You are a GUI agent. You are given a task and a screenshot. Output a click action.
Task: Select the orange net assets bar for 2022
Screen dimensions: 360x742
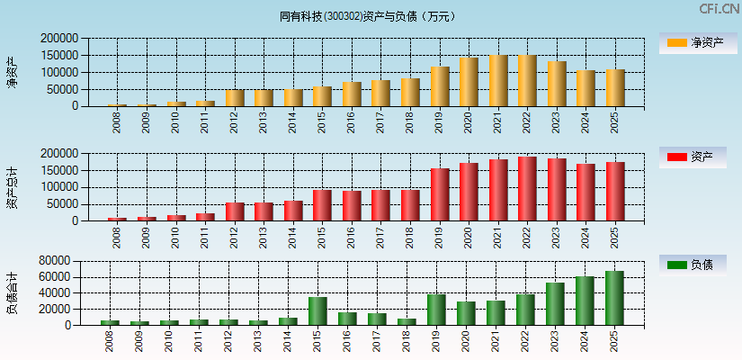click(x=527, y=81)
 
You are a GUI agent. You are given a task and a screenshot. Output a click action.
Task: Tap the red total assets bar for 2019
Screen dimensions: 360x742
click(x=440, y=194)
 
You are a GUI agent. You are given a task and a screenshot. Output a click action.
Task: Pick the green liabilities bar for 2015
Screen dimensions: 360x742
click(x=317, y=310)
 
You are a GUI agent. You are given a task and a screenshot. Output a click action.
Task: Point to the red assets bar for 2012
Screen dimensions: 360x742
click(x=235, y=211)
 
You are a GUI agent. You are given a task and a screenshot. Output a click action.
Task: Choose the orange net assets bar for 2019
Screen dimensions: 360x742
click(x=440, y=86)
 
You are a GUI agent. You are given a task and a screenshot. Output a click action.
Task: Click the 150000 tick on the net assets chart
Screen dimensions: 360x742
click(x=58, y=56)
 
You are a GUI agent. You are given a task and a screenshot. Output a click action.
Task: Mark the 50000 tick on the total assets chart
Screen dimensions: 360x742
click(x=61, y=204)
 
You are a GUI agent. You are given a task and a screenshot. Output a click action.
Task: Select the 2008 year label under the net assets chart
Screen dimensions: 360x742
click(x=118, y=122)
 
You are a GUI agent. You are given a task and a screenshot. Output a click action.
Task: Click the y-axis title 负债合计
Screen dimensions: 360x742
click(x=12, y=292)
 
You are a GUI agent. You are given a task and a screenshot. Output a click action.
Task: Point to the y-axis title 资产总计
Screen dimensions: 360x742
click(x=12, y=188)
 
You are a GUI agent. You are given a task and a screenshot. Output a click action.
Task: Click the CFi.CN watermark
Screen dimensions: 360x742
click(x=719, y=9)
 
